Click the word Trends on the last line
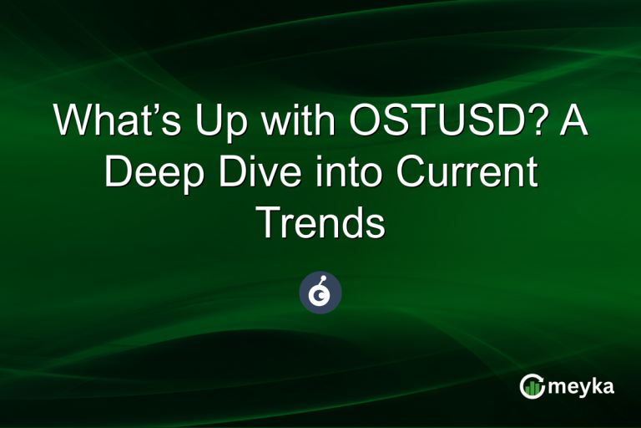click(320, 222)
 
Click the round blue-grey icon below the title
click(320, 293)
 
